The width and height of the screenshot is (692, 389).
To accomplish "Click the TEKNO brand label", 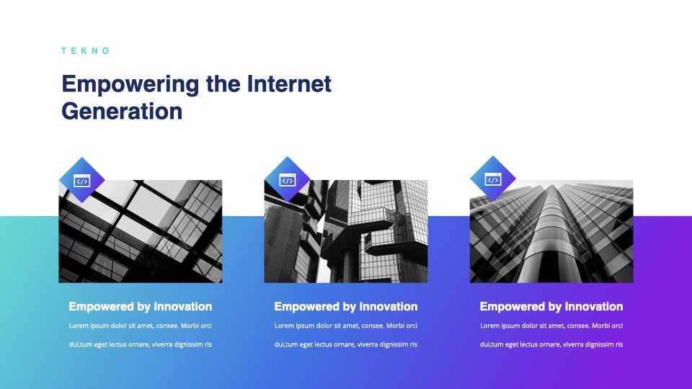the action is (x=85, y=50).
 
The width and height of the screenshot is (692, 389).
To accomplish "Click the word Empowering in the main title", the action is (x=130, y=85).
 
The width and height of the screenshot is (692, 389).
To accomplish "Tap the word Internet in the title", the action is (x=289, y=84).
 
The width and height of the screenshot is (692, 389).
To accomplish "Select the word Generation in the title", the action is (x=122, y=111).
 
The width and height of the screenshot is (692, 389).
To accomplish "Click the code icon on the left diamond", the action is (x=82, y=181).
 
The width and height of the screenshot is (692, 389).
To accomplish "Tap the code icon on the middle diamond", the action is (x=288, y=180).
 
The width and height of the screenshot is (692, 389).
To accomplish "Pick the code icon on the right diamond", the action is (x=493, y=179).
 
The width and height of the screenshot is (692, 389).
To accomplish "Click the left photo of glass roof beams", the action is (x=141, y=231).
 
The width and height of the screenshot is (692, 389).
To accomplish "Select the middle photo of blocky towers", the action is (x=346, y=231).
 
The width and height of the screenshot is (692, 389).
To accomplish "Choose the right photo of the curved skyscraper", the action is (x=551, y=231).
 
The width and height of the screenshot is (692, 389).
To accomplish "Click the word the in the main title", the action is (x=223, y=84).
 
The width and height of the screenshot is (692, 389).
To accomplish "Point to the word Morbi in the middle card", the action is (x=396, y=326).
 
